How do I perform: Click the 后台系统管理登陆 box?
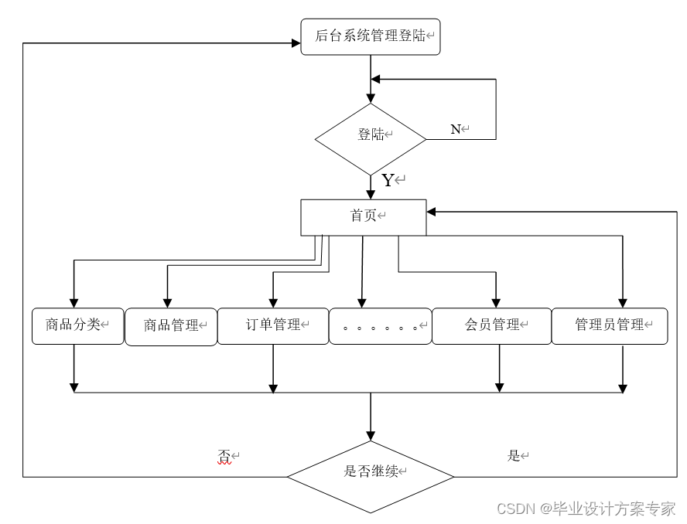pos(370,36)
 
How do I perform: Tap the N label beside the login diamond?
pos(456,129)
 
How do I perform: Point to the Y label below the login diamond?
pos(388,181)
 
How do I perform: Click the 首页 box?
pos(363,216)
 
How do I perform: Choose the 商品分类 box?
pos(77,325)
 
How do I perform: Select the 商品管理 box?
pos(171,326)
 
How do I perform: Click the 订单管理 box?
pos(272,325)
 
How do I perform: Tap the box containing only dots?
pos(380,326)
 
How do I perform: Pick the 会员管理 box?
pos(491,325)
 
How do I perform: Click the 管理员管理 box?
pos(610,325)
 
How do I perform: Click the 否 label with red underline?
pos(224,457)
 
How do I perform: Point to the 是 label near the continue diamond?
pos(514,456)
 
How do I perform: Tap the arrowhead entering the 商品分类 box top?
pos(74,302)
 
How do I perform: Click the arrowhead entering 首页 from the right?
pos(432,211)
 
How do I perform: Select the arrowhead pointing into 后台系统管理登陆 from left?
pos(296,43)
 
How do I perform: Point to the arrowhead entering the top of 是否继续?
pos(371,435)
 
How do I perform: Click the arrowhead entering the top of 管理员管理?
pos(623,302)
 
